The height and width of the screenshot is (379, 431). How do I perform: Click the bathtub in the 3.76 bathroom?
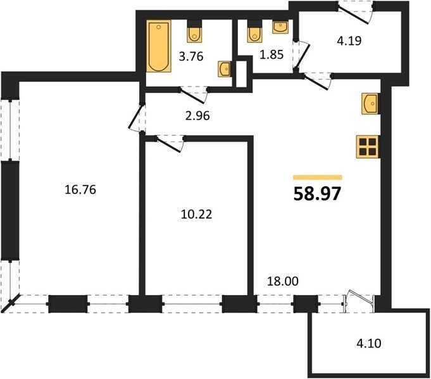[x=159, y=46]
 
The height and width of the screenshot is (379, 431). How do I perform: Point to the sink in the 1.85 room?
[x=280, y=27]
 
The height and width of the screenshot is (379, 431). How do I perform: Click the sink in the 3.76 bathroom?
[x=225, y=69]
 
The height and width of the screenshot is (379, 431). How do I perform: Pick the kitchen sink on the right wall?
[x=371, y=104]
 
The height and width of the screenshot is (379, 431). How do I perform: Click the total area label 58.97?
[x=318, y=193]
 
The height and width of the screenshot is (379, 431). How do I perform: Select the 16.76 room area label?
[x=80, y=189]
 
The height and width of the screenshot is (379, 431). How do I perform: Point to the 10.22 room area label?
[x=197, y=214]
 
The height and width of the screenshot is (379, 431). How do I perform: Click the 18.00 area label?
[x=283, y=281]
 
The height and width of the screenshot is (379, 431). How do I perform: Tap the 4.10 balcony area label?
[x=369, y=344]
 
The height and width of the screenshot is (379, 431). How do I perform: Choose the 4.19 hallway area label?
[x=349, y=40]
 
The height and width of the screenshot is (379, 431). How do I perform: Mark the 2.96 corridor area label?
[x=197, y=116]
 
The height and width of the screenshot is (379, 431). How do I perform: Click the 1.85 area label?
[x=272, y=54]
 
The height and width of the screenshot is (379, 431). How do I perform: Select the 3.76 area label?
[x=191, y=57]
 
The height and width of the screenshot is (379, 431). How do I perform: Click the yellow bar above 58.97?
[x=318, y=177]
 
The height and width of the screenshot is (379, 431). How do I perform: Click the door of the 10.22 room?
[x=170, y=143]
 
